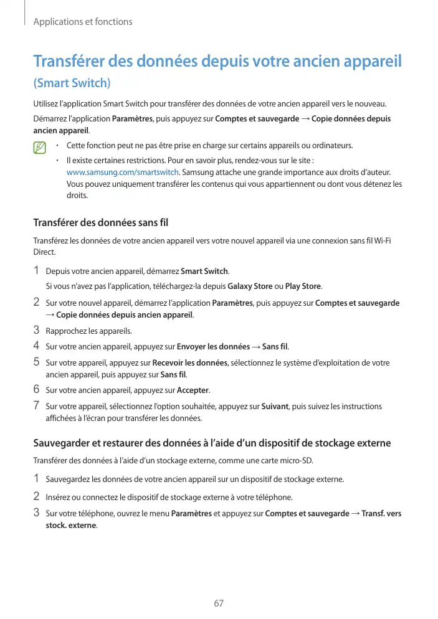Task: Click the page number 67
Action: pos(219,603)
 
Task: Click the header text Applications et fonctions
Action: pos(82,22)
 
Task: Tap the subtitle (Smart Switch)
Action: pos(72,83)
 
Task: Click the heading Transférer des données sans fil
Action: pos(100,222)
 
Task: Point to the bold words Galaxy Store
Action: pos(250,286)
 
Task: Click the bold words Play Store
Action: pos(303,286)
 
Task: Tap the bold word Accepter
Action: pos(193,390)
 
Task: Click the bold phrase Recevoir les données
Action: pos(191,362)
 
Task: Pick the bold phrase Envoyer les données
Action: pos(214,346)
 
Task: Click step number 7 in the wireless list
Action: pos(37,406)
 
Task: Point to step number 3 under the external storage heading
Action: pos(37,513)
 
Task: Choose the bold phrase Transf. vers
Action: pos(381,514)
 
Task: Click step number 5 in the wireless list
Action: pos(37,362)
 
